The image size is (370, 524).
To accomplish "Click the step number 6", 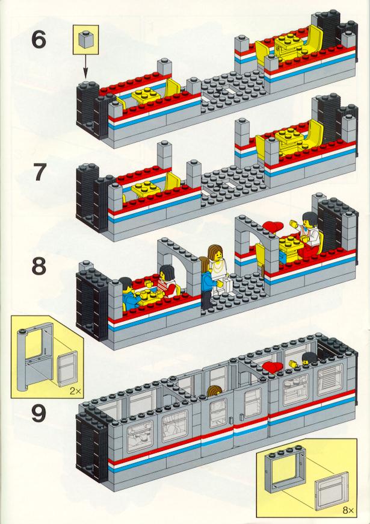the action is (39, 40).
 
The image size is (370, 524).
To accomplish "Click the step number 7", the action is (40, 172).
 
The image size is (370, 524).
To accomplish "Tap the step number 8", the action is (39, 266).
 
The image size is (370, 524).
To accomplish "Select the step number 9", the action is (39, 413).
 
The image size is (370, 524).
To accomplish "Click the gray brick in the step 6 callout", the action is (85, 39).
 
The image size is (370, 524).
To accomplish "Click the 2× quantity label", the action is (76, 391).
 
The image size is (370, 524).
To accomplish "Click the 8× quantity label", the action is (348, 510).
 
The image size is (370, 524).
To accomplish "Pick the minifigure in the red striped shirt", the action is (167, 281).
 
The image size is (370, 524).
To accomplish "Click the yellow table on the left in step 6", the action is (146, 95).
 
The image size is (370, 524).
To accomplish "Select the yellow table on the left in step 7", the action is (146, 189).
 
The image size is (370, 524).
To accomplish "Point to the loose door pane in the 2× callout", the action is (68, 368).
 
